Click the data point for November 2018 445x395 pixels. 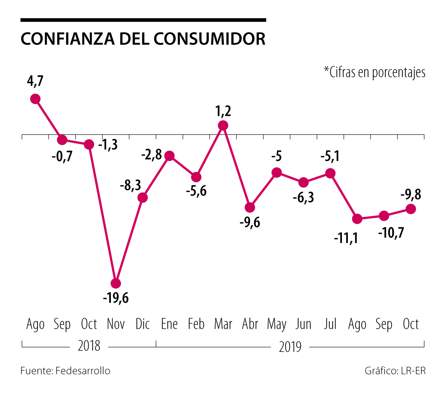(x=116, y=284)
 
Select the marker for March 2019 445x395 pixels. (x=223, y=126)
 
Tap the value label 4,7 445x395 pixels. (x=35, y=81)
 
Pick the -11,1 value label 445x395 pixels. (x=346, y=238)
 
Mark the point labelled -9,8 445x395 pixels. (x=411, y=209)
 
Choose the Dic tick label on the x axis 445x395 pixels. (x=143, y=324)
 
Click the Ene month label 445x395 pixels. (x=169, y=324)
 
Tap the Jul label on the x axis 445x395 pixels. (x=330, y=324)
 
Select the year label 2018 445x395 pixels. (x=89, y=346)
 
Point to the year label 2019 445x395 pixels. (x=290, y=347)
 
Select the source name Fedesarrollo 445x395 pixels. (x=83, y=371)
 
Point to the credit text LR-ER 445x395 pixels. (x=413, y=371)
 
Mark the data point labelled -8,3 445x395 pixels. (x=142, y=198)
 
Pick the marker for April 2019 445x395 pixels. (x=250, y=207)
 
